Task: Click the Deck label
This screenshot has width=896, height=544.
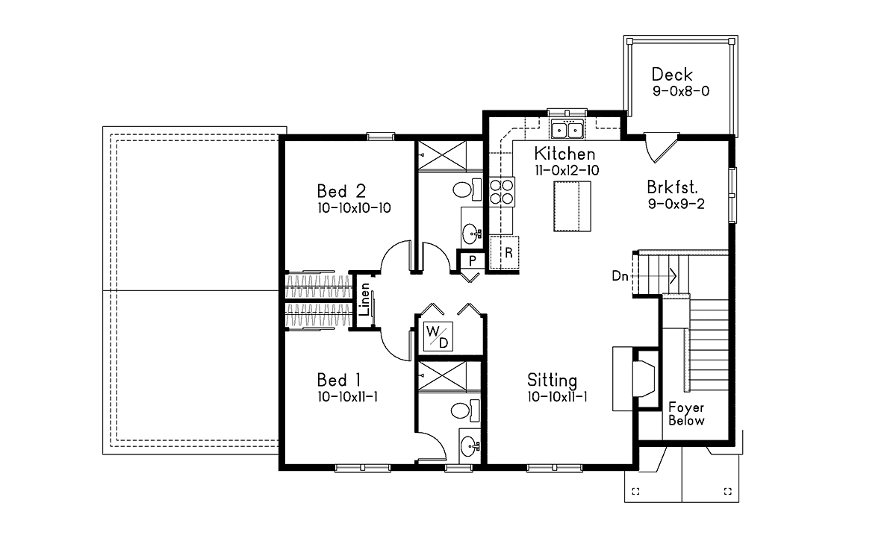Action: [672, 75]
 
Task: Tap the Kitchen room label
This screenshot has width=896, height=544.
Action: [564, 154]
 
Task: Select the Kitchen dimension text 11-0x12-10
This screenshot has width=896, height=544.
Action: [566, 170]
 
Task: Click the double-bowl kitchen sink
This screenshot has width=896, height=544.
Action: [567, 131]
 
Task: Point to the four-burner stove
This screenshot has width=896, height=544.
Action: [501, 191]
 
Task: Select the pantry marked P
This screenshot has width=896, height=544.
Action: [473, 261]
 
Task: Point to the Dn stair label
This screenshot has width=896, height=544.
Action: [620, 276]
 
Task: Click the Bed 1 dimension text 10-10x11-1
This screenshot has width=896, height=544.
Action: [347, 396]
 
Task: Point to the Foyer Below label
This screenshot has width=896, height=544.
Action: [686, 414]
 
